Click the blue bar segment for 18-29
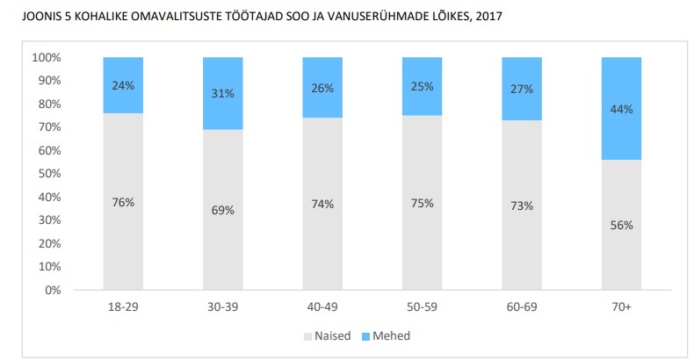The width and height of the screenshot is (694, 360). (123, 85)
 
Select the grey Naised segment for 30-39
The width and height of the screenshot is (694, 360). (222, 210)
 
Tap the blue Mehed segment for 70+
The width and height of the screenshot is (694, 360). (621, 109)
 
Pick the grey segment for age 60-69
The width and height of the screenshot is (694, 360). (522, 205)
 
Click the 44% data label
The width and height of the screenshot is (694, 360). (621, 109)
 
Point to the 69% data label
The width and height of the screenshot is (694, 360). (222, 210)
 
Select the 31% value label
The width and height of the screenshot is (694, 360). (222, 93)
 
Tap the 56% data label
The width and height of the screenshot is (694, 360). (621, 225)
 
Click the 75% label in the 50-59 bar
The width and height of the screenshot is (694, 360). (423, 203)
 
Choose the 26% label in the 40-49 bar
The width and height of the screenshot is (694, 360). (322, 88)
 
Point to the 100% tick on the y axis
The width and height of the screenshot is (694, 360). (47, 57)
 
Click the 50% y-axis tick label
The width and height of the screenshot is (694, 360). (49, 173)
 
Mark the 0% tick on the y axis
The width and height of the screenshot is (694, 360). (53, 290)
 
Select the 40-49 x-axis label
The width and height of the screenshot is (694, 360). (322, 307)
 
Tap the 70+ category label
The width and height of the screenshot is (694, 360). (621, 307)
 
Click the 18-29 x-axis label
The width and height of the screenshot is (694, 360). (123, 307)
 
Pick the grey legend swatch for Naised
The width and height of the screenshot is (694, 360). (307, 337)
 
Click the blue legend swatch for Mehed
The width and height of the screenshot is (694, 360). (365, 337)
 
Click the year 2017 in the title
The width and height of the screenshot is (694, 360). (489, 17)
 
